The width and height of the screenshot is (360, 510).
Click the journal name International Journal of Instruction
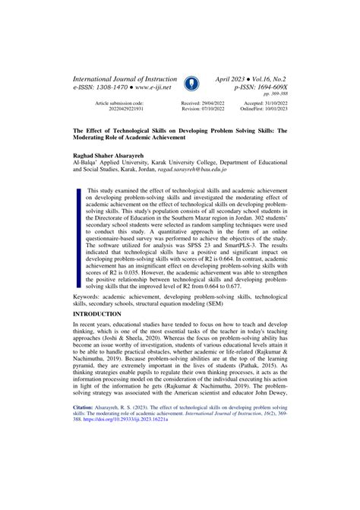[x=124, y=78]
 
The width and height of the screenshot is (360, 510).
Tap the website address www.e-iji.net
[x=149, y=87]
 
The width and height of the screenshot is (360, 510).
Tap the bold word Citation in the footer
[x=86, y=470]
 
